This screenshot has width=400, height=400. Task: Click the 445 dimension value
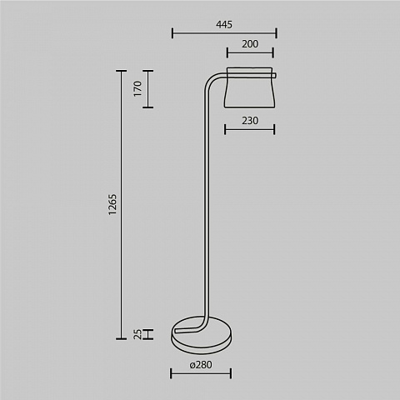point(224,25)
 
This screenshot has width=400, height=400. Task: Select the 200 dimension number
point(250,44)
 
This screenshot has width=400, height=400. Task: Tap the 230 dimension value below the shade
point(250,121)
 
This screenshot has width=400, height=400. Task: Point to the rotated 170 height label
point(137,88)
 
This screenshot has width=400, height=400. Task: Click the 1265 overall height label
point(112,204)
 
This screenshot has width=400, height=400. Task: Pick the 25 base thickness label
point(137,334)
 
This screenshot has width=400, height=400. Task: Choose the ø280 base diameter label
point(201,364)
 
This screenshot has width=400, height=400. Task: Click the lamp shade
point(250,87)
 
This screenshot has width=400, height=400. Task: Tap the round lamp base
point(202,335)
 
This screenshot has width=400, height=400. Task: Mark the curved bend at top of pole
point(210,81)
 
